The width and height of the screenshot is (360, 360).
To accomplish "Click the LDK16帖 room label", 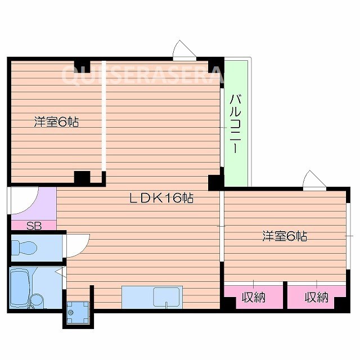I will pos(162,198).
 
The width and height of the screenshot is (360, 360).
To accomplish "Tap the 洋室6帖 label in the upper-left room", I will pos(56,122).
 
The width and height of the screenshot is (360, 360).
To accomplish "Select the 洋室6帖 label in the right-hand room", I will pos(284,236).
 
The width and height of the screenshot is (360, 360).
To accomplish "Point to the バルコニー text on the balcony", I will pos(236,124).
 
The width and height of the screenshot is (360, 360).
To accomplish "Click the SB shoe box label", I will pos(34,226).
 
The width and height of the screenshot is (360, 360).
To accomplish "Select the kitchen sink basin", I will pos(167,296).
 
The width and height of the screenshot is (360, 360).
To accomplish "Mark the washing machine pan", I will pos(77,313).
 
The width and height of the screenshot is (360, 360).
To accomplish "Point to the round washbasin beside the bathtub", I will pos(36,300).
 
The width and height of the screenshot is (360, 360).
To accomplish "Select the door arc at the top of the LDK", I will pos(184,50).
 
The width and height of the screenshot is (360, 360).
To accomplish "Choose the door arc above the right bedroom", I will pos(314,180).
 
